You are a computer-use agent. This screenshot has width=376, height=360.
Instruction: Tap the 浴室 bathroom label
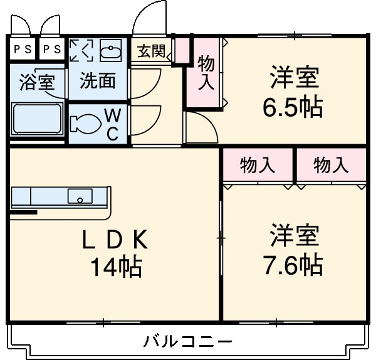[x=38, y=82]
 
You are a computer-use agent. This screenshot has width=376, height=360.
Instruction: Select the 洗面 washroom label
[x=98, y=81]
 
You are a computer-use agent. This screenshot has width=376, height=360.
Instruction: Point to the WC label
[x=112, y=124]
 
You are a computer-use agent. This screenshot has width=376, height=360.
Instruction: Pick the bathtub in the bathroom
[x=37, y=119]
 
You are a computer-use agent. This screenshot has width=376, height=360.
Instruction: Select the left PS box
[x=21, y=48]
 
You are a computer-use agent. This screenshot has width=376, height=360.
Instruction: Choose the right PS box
[x=53, y=48]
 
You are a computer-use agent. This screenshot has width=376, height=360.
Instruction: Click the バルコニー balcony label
[x=188, y=342]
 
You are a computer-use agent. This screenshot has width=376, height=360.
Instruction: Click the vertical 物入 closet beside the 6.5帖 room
[x=206, y=73]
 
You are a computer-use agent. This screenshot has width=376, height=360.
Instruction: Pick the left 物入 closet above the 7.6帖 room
[x=258, y=166]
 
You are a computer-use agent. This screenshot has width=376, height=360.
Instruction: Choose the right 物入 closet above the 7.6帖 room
[x=331, y=166]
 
